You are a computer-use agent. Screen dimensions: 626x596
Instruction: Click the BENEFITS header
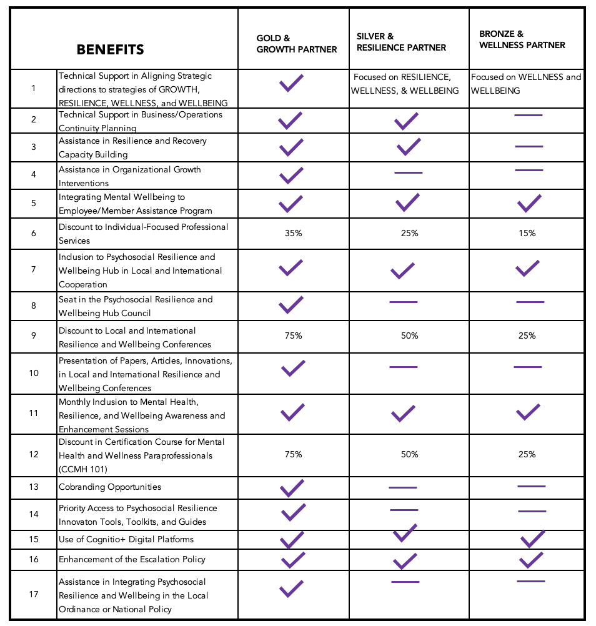pyautogui.click(x=110, y=50)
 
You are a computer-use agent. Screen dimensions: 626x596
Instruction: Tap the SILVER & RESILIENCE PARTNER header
pyautogui.click(x=401, y=42)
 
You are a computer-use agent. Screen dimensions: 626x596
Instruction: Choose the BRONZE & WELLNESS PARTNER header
pyautogui.click(x=522, y=39)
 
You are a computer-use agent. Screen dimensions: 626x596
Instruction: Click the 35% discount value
pyautogui.click(x=293, y=233)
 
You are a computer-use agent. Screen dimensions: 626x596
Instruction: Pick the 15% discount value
pyautogui.click(x=527, y=233)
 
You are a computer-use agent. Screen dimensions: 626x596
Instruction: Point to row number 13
pyautogui.click(x=34, y=487)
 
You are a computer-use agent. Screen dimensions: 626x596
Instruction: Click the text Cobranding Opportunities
pyautogui.click(x=110, y=487)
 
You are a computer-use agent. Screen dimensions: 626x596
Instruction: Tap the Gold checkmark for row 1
pyautogui.click(x=291, y=83)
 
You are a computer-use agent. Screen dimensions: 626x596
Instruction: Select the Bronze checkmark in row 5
pyautogui.click(x=529, y=203)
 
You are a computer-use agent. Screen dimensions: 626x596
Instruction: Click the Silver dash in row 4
pyautogui.click(x=409, y=172)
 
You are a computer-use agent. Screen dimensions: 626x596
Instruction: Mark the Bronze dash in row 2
pyautogui.click(x=529, y=116)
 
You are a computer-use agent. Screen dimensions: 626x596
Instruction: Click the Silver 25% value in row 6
pyautogui.click(x=409, y=233)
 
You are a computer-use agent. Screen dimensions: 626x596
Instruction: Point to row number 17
pyautogui.click(x=34, y=594)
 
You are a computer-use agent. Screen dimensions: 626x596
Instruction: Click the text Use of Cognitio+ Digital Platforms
pyautogui.click(x=126, y=539)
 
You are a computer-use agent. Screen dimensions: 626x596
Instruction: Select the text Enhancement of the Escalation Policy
pyautogui.click(x=132, y=559)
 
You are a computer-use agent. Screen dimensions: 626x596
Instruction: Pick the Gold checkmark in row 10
pyautogui.click(x=293, y=368)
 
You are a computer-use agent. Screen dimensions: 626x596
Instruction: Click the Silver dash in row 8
pyautogui.click(x=404, y=302)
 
